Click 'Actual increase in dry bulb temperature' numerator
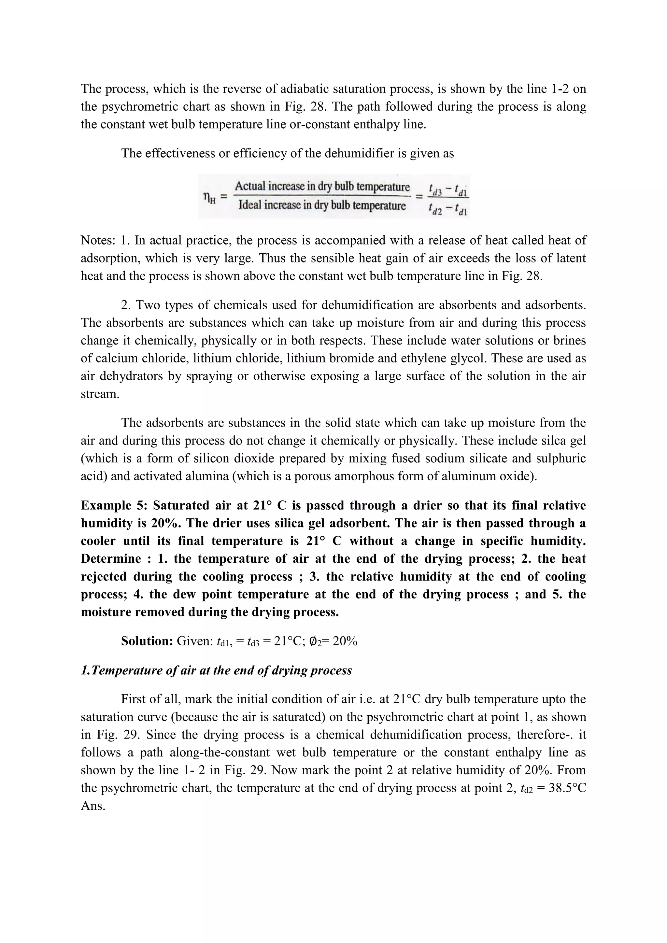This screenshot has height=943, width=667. pyautogui.click(x=322, y=187)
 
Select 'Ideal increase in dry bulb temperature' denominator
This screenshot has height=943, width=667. pyautogui.click(x=322, y=205)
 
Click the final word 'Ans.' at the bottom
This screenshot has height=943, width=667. pyautogui.click(x=93, y=806)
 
